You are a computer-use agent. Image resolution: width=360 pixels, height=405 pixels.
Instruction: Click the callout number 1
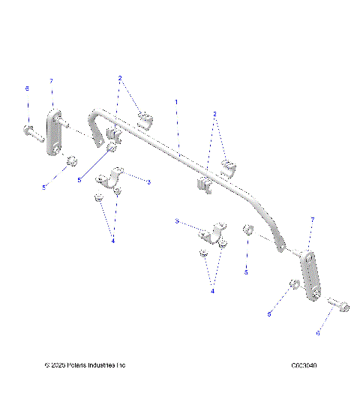[176, 100]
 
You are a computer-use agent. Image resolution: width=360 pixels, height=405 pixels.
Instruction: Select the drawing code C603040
[304, 366]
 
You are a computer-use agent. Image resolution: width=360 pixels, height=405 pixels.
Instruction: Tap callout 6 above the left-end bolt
[27, 88]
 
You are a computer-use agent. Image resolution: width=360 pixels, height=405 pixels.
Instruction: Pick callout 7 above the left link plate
[50, 80]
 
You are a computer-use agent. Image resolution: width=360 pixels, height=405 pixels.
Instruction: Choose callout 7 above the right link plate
[311, 219]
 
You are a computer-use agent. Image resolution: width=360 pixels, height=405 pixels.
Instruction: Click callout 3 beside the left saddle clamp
[149, 181]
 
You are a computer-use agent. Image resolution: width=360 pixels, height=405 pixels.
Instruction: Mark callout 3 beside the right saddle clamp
[176, 221]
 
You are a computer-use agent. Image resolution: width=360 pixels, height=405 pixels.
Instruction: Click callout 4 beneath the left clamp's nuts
[113, 241]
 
